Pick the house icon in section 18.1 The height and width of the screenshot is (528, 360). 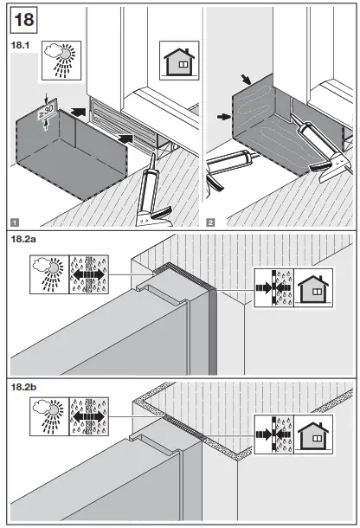coord(177,63)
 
